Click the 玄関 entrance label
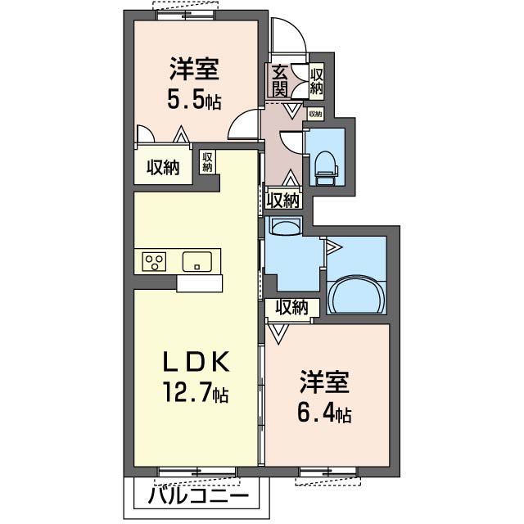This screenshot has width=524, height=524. [x=280, y=80]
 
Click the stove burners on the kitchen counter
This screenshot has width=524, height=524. [x=154, y=262]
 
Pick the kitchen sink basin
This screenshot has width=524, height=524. [x=197, y=262]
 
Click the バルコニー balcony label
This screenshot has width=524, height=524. [x=200, y=497]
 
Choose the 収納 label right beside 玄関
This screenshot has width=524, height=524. [x=317, y=80]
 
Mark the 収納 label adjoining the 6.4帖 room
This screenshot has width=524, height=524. [x=291, y=308]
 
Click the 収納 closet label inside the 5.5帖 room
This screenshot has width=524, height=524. [x=162, y=167]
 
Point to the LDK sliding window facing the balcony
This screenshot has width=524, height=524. [x=196, y=472]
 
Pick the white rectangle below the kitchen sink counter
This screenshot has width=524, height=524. [x=199, y=283]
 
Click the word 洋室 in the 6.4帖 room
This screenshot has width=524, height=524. [x=324, y=382]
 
